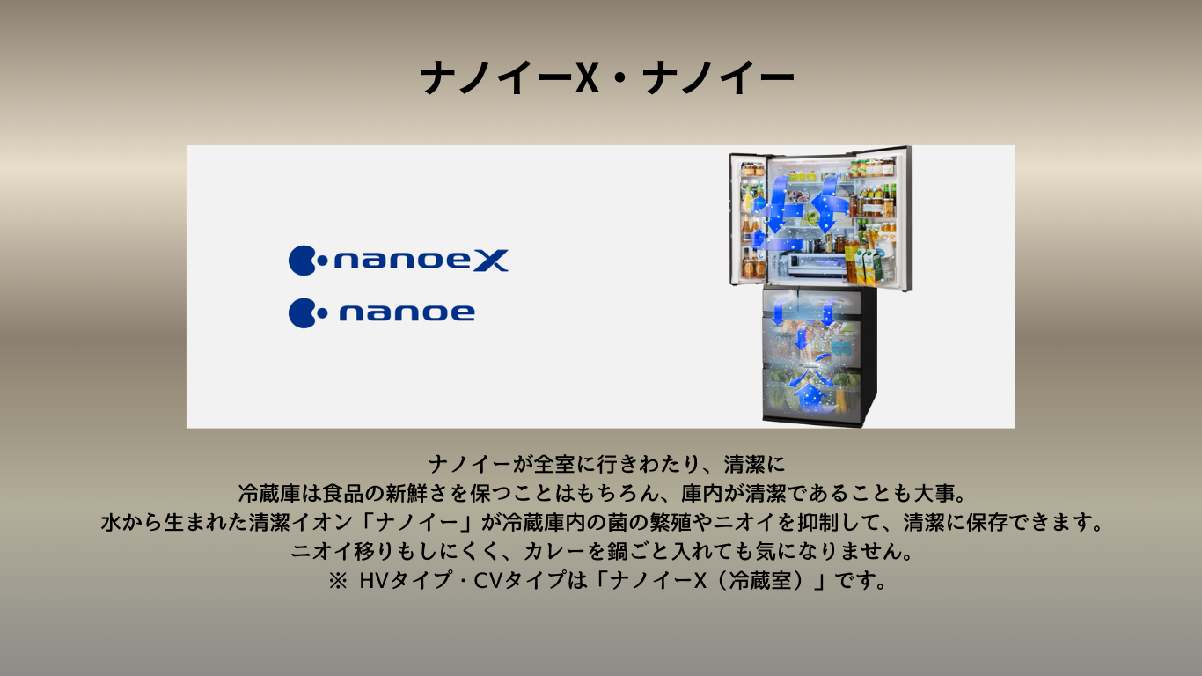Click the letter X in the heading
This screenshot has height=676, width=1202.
[587, 77]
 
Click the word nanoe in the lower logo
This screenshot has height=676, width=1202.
[407, 313]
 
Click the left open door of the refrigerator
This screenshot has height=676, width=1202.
[749, 218]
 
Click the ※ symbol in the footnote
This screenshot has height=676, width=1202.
[338, 580]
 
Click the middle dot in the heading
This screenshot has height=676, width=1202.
[619, 79]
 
